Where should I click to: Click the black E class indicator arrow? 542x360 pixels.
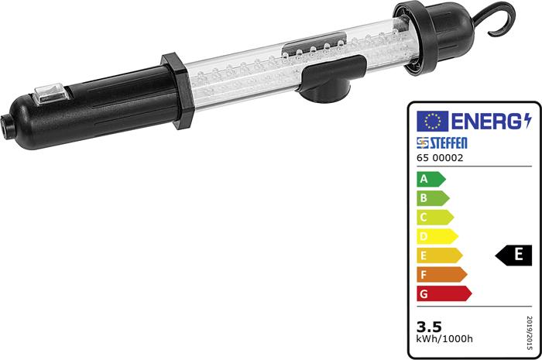(x=514, y=255)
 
